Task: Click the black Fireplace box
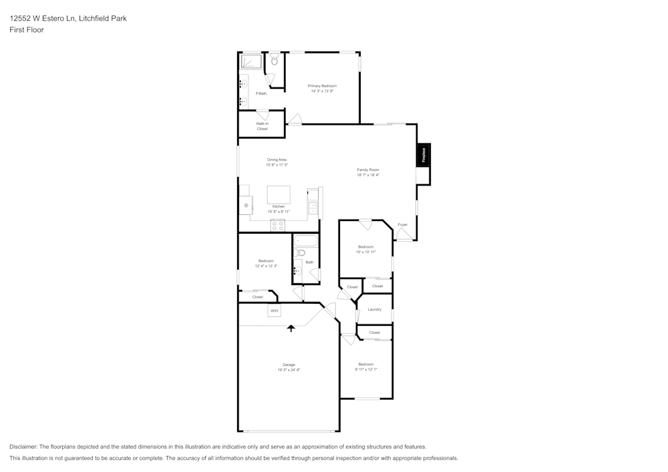point(424,155)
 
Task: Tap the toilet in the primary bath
point(275,59)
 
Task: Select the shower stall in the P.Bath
point(251,62)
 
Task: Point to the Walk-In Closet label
point(262,126)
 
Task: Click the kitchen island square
point(279,194)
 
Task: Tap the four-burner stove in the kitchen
point(278,226)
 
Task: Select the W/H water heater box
point(274,311)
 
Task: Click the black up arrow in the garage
point(291,328)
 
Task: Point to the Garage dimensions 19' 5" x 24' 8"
point(289,370)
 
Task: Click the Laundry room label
point(374,309)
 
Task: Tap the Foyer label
point(402,224)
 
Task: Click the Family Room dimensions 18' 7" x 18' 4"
point(367,175)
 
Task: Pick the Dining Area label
point(277,160)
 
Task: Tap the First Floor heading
point(27,30)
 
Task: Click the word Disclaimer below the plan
point(23,447)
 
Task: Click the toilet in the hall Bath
point(301,253)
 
